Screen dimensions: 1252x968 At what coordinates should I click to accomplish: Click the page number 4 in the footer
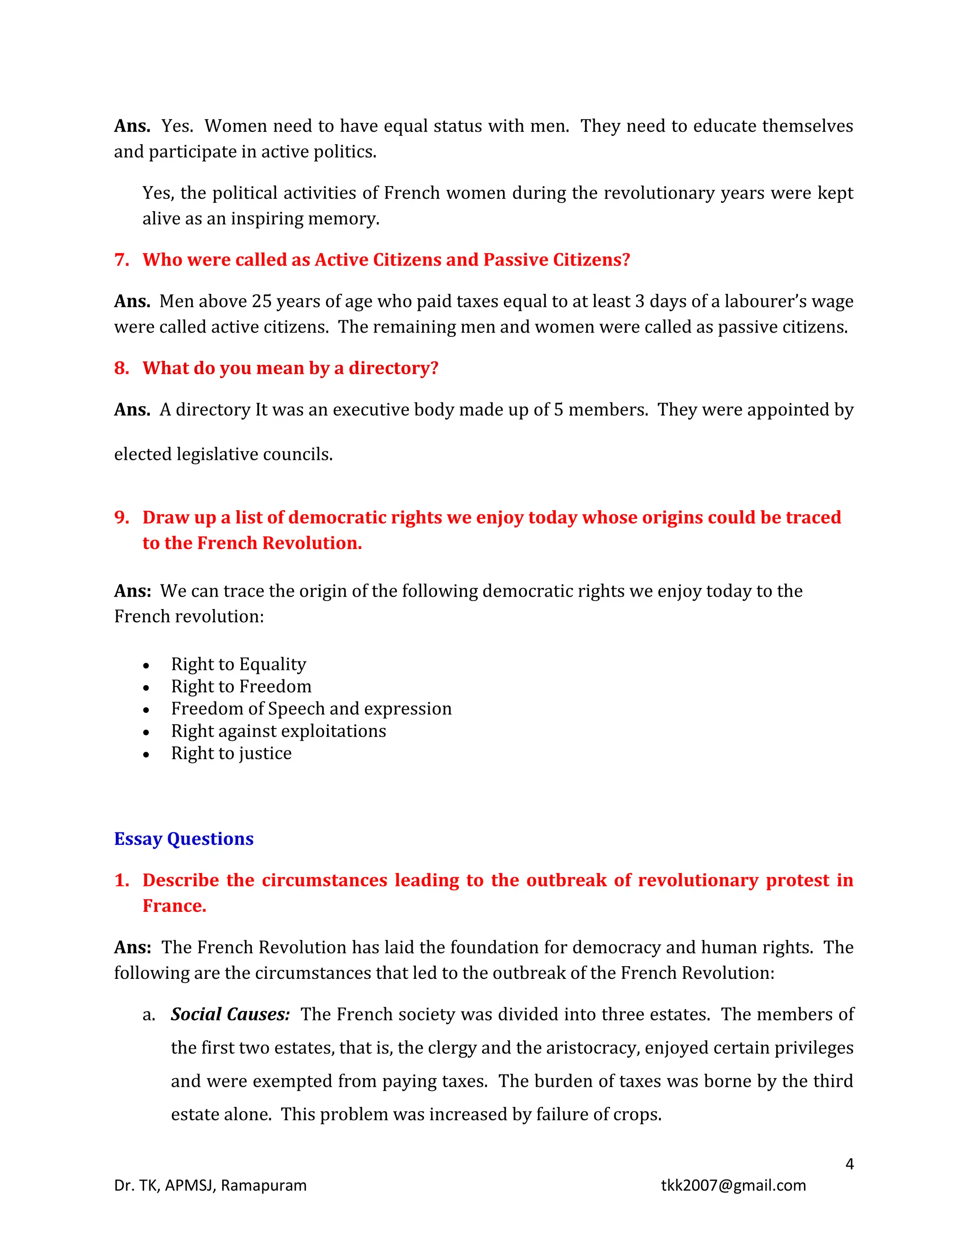click(849, 1164)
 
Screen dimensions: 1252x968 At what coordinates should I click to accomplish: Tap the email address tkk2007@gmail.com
click(733, 1185)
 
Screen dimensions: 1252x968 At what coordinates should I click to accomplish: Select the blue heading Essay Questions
click(183, 839)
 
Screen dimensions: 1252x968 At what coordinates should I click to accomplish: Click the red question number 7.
click(121, 260)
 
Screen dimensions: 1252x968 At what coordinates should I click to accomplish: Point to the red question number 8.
click(121, 368)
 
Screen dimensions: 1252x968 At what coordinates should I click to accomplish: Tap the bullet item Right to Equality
click(239, 664)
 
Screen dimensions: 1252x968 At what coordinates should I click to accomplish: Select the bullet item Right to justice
click(231, 753)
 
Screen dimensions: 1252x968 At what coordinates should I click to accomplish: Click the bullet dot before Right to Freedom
click(146, 688)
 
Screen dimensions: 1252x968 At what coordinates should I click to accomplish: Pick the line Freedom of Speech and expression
click(311, 709)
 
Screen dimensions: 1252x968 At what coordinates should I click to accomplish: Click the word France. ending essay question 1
click(174, 906)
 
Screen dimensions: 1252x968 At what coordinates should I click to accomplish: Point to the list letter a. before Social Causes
click(148, 1015)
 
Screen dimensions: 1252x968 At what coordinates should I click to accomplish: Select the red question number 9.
click(121, 518)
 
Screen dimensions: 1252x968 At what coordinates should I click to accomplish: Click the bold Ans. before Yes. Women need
click(132, 126)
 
